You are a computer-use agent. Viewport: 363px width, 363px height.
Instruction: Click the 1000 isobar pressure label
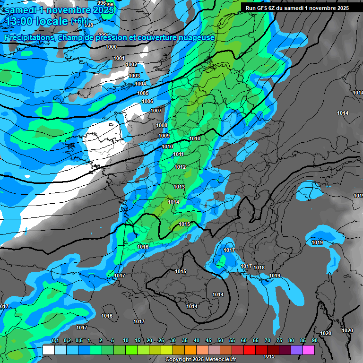pyautogui.click(x=111, y=47)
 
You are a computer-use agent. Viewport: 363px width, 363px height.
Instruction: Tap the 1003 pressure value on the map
pyautogui.click(x=134, y=76)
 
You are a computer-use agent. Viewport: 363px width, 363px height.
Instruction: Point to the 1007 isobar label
pyautogui.click(x=156, y=111)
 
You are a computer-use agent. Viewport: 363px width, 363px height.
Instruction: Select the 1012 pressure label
pyautogui.click(x=180, y=167)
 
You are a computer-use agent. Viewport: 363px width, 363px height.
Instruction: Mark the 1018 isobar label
pyautogui.click(x=259, y=268)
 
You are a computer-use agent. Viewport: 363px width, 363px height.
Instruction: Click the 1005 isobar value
pyautogui.click(x=143, y=93)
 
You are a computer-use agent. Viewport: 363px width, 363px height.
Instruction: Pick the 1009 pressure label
pyautogui.click(x=164, y=136)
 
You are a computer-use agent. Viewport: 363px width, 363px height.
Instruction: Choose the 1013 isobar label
pyautogui.click(x=179, y=187)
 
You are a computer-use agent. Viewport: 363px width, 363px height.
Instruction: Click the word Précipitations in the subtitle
pyautogui.click(x=30, y=37)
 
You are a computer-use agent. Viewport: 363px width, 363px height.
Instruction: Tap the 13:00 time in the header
pyautogui.click(x=19, y=22)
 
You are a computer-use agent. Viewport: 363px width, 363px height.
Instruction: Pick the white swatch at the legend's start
pyautogui.click(x=48, y=350)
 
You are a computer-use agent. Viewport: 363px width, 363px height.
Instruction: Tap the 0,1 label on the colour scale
pyautogui.click(x=55, y=340)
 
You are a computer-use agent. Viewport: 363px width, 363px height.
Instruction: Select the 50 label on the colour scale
pyautogui.click(x=220, y=340)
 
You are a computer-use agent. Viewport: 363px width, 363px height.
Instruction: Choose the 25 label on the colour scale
pyautogui.click(x=161, y=340)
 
